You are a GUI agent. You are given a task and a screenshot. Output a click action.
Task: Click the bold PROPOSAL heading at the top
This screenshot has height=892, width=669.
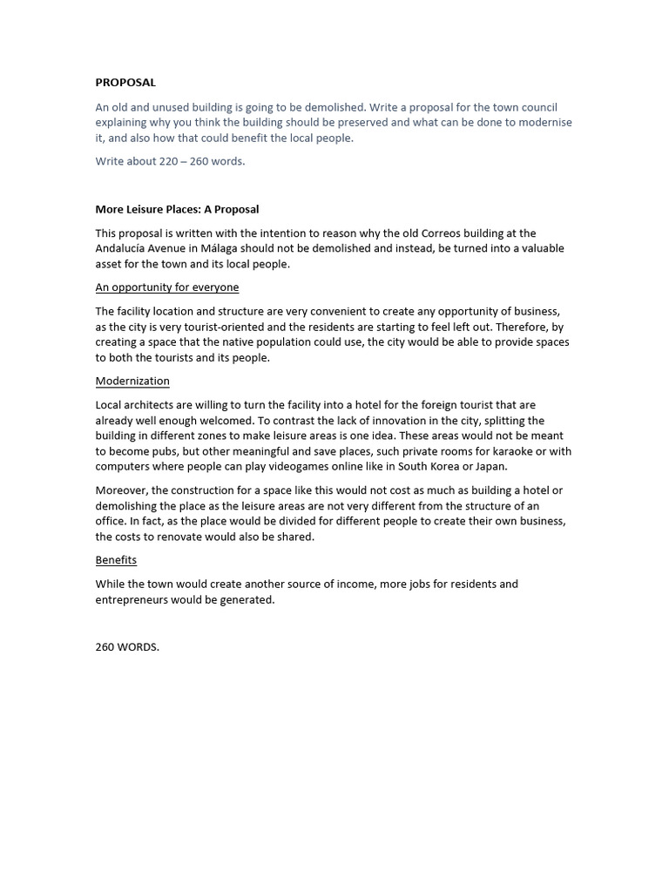click(125, 83)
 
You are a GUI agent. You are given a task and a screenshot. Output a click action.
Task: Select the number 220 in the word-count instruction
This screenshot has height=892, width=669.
click(169, 161)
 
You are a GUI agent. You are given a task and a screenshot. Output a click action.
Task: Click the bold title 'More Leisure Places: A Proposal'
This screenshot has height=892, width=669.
click(177, 209)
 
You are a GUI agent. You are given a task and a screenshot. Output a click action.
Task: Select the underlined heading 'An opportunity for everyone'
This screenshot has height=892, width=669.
click(166, 287)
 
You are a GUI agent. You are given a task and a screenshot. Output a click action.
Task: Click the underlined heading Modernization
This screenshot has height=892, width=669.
click(132, 382)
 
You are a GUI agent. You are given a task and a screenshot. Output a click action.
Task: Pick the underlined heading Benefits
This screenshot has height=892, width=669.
click(116, 560)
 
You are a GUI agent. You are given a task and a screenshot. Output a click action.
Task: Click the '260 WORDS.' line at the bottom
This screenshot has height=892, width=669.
click(127, 647)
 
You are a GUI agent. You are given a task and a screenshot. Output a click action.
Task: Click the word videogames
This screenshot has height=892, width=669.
click(293, 467)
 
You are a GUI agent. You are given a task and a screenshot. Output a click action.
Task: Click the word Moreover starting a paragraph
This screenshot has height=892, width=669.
click(120, 491)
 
